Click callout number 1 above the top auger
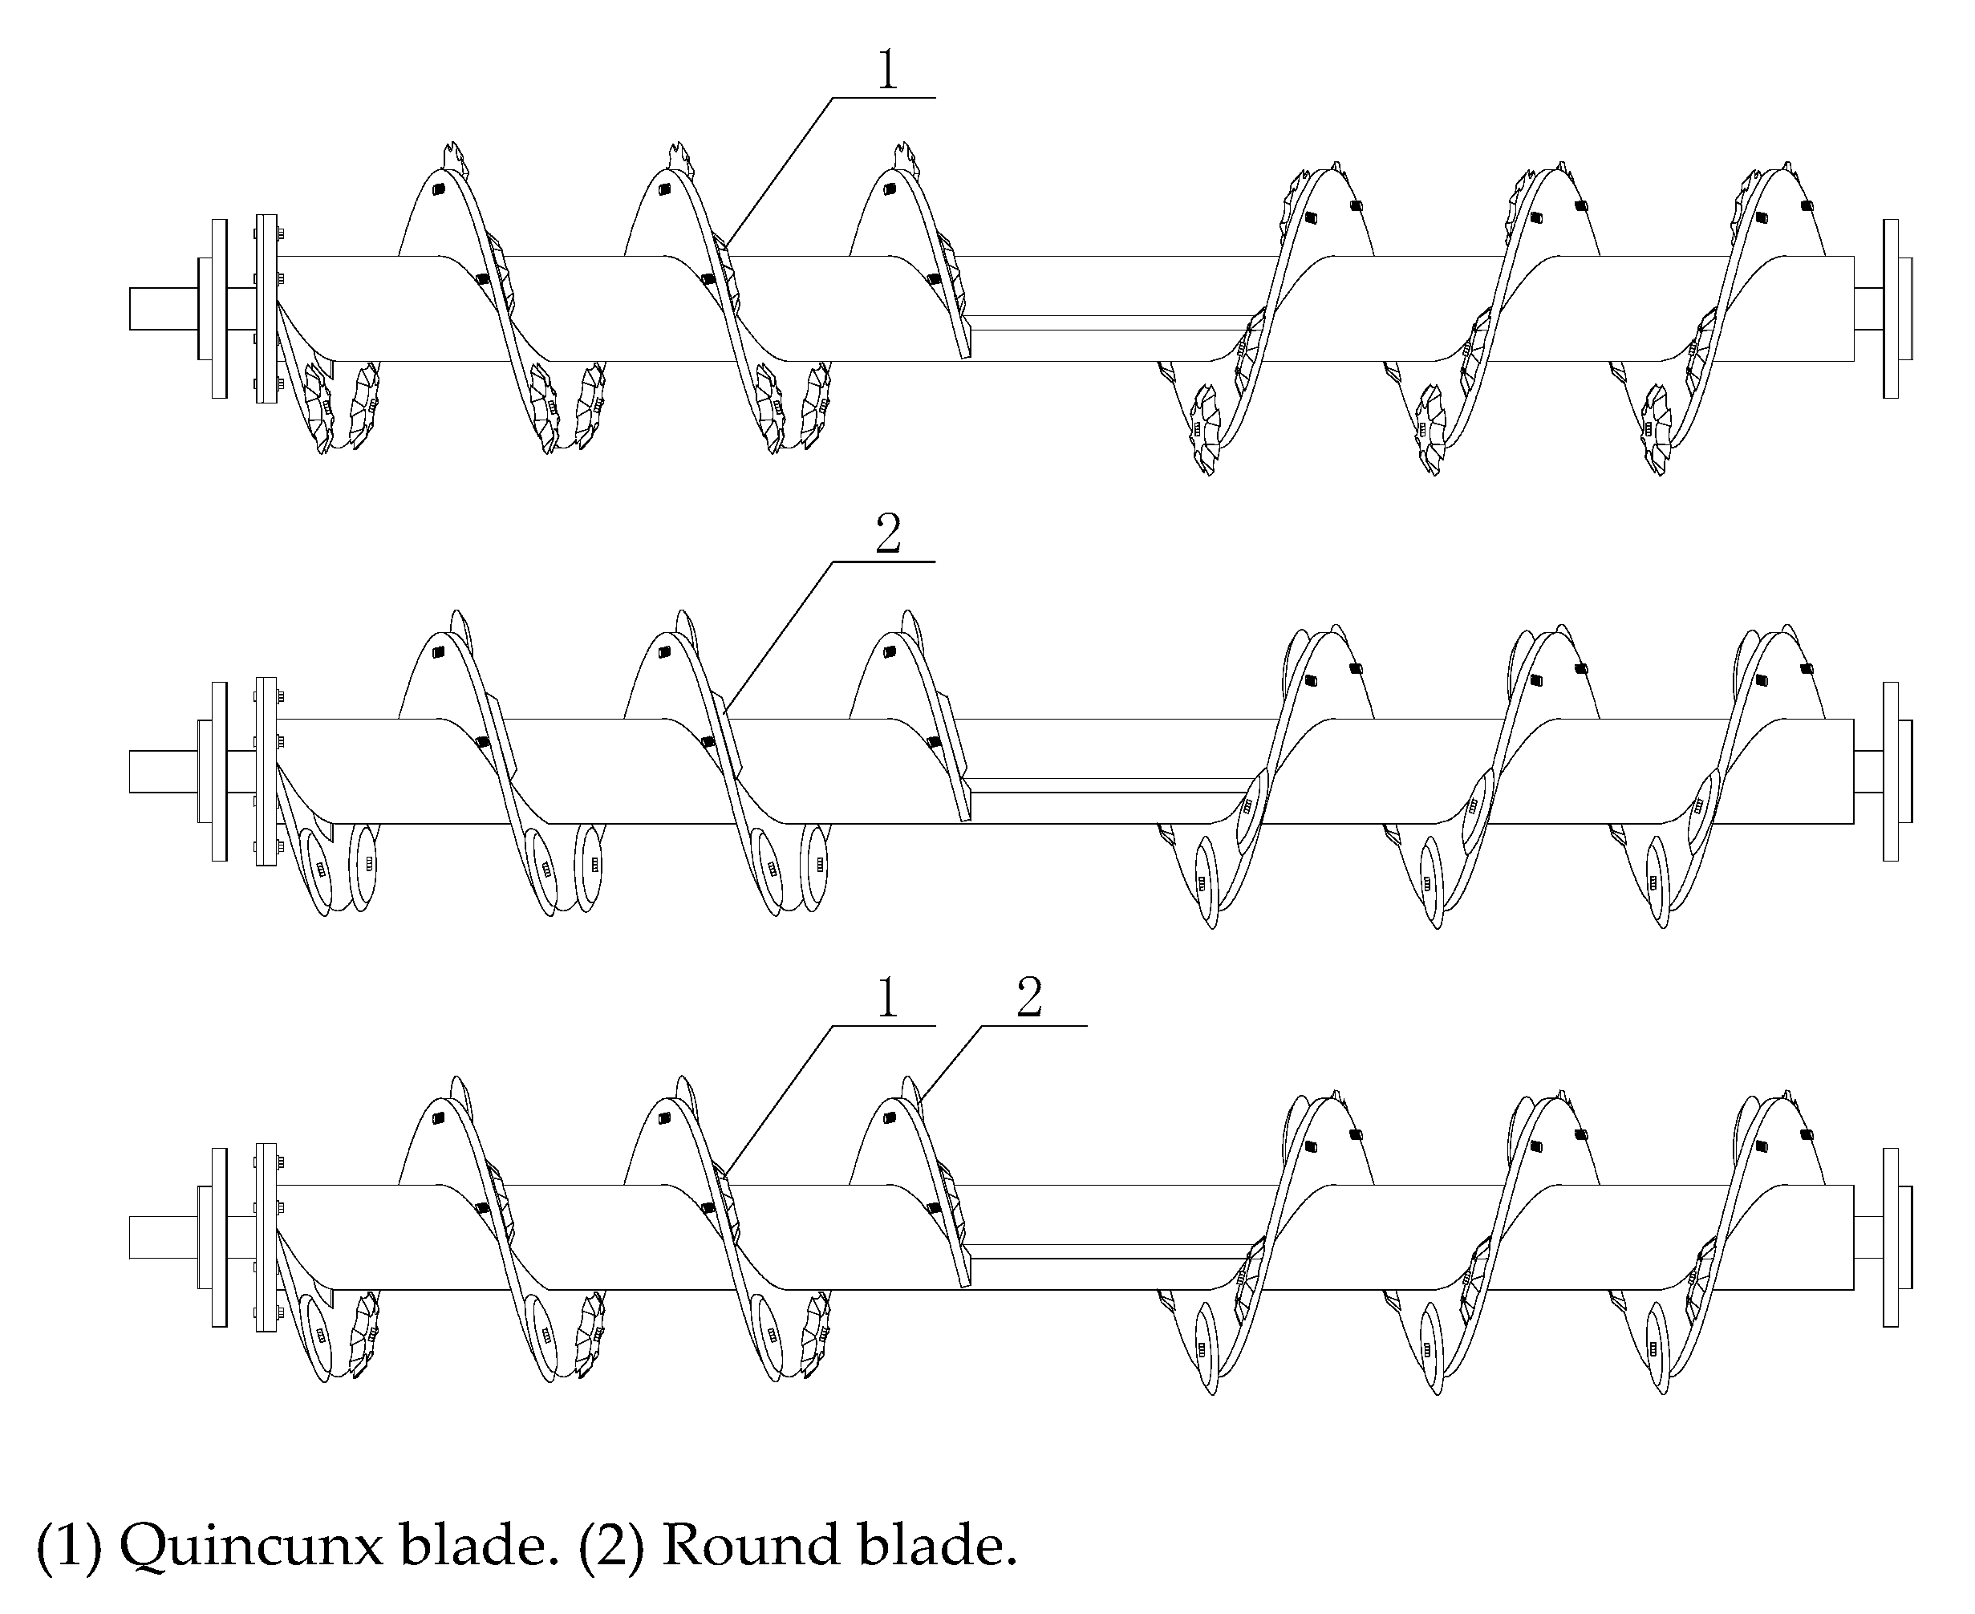(888, 71)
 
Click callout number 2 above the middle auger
(888, 534)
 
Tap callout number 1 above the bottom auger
(888, 1000)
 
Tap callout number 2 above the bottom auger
(1029, 1000)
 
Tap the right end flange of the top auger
(1891, 309)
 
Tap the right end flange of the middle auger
(1891, 772)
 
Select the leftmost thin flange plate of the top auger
(220, 309)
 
